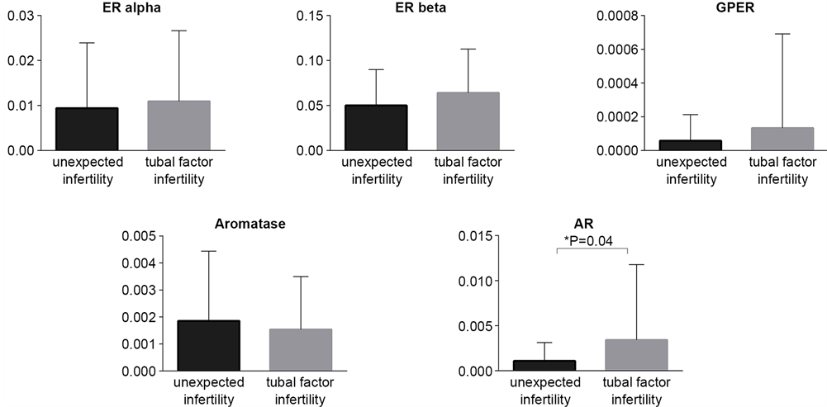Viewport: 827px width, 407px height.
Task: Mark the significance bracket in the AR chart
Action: click(x=592, y=248)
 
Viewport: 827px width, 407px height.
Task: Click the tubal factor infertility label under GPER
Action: click(x=779, y=171)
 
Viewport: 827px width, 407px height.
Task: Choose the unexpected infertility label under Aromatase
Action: click(x=208, y=391)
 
